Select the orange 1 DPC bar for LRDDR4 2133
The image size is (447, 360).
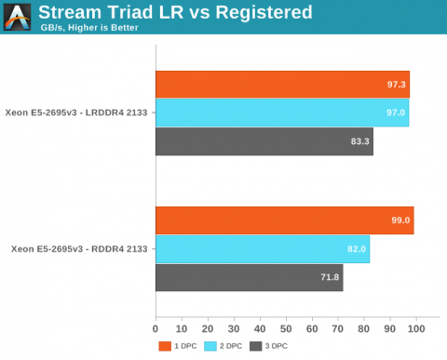tap(282, 84)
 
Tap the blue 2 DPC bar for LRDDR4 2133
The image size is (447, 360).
tap(281, 113)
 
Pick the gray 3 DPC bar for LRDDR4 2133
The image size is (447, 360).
tap(264, 141)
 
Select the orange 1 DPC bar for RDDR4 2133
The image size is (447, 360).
tap(284, 220)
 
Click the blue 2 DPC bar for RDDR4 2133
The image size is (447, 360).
tap(262, 249)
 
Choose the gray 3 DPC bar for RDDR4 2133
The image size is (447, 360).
tap(249, 277)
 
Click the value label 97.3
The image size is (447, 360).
tap(396, 85)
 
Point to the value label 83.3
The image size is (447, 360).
tap(359, 141)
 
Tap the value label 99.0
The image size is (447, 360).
tap(400, 220)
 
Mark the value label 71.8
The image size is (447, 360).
tap(330, 277)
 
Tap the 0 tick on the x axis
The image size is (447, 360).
tap(156, 329)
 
